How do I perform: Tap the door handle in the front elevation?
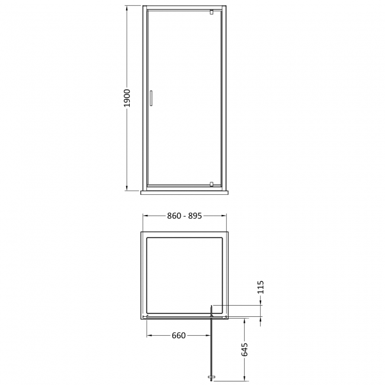[x=150, y=98]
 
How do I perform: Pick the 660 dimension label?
[x=178, y=336]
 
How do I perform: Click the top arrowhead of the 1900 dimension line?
[x=127, y=8]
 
